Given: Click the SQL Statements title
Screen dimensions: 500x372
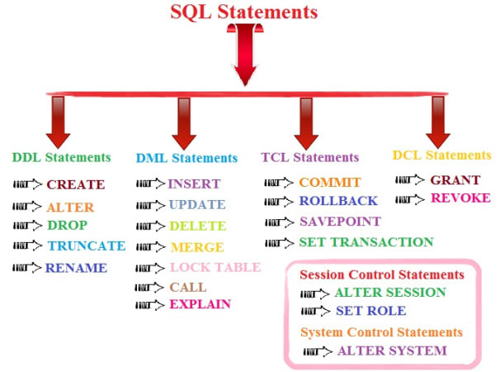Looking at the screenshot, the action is point(244,12).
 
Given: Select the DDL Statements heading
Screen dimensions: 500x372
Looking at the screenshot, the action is point(62,157).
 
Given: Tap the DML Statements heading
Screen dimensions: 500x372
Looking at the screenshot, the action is point(186,158).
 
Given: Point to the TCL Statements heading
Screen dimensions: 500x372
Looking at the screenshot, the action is point(310,157).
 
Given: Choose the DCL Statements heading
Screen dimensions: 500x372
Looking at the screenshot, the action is point(441,155).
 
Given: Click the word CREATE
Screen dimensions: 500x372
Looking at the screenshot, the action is point(76,184).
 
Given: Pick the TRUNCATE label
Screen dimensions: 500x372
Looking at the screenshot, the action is point(87,246).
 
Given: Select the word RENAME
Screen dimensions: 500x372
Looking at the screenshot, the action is point(76,268).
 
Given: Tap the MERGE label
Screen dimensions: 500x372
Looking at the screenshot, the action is point(197,247).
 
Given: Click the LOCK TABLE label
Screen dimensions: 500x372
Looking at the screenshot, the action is point(215,267).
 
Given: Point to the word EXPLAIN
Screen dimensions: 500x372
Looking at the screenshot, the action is point(200,304).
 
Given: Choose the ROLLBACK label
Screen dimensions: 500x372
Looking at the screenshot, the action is point(338,201).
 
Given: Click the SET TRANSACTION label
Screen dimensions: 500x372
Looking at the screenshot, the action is point(366,242).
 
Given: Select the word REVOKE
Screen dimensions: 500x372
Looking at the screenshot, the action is point(460,198).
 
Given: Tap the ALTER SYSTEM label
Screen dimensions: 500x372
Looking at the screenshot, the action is point(392,351).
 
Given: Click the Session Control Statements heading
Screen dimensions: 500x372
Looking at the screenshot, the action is point(382,274).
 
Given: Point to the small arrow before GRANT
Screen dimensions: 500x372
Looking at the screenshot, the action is point(410,180).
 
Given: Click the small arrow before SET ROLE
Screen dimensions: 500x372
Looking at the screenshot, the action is point(315,311).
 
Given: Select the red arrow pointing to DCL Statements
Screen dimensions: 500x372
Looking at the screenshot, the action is point(438,122).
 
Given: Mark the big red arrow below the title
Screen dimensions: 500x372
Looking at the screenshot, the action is point(245,55).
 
